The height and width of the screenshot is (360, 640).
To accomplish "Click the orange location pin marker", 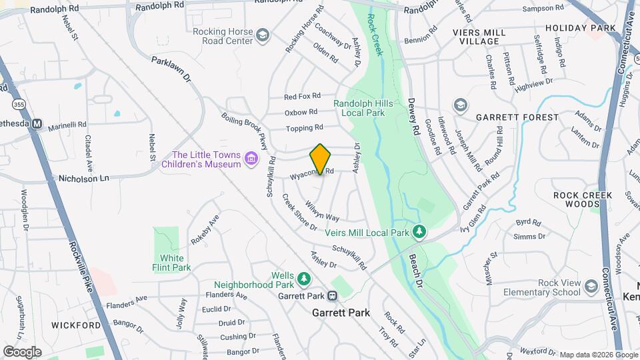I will (x=321, y=159).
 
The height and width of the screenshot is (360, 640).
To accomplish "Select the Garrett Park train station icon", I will (x=331, y=296).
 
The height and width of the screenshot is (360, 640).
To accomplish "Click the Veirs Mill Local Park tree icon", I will (x=419, y=232).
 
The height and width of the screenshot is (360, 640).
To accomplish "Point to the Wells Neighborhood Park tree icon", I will (x=303, y=277).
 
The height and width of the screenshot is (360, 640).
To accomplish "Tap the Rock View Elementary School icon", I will (x=591, y=287).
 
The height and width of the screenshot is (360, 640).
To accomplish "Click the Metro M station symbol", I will (x=38, y=124).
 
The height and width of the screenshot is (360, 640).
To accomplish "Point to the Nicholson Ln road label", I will (x=83, y=179).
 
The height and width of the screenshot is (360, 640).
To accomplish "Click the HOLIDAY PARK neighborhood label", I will (x=579, y=28).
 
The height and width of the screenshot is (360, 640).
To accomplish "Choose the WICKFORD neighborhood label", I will (x=75, y=326).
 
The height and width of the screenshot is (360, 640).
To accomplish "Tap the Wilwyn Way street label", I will (x=322, y=211).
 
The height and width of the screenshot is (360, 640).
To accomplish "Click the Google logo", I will (x=22, y=351).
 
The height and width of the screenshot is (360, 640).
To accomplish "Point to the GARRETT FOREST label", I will (x=517, y=117).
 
